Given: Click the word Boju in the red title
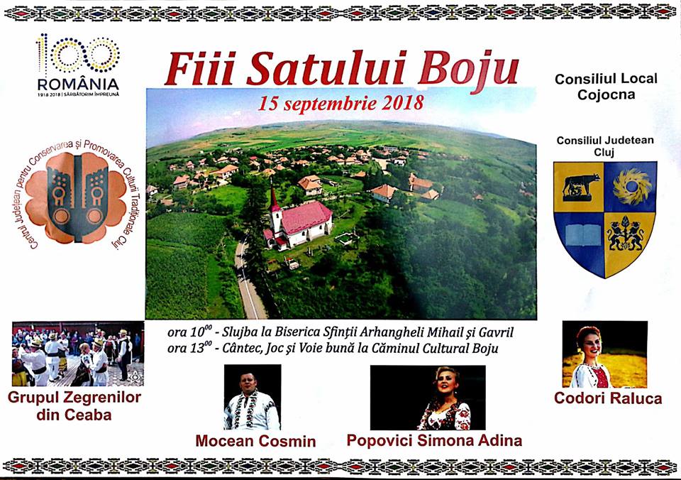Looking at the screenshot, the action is (x=469, y=70).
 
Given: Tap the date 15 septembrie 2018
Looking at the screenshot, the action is (x=341, y=104).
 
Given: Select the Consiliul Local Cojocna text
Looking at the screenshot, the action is (x=606, y=87).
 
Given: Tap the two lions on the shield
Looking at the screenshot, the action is (x=626, y=235).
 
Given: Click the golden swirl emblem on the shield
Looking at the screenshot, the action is (x=632, y=186).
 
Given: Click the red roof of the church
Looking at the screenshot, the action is (x=306, y=217).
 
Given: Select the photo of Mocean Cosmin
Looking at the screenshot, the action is (x=253, y=397).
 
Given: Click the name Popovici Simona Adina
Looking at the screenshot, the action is (x=434, y=440).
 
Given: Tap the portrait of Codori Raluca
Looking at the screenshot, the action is (x=605, y=354).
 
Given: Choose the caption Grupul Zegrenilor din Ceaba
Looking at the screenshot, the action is (x=74, y=405).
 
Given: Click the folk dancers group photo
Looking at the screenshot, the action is (x=78, y=354).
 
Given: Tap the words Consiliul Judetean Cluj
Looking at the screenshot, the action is (x=605, y=146).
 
